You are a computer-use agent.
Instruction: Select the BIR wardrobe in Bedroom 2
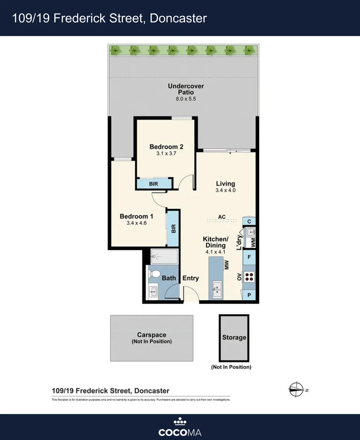[154, 184]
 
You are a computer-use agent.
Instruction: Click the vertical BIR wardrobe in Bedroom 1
[173, 228]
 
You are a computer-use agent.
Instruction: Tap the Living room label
[225, 184]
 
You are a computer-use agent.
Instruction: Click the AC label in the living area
[222, 217]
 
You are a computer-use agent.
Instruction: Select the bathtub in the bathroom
[165, 257]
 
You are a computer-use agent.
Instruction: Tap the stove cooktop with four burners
[249, 277]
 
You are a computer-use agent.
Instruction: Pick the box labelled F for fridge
[249, 257]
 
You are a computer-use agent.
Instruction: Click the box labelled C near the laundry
[249, 221]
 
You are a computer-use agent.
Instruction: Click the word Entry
[191, 278]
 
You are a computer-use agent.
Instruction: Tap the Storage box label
[234, 337]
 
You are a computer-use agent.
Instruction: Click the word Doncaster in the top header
[178, 18]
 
